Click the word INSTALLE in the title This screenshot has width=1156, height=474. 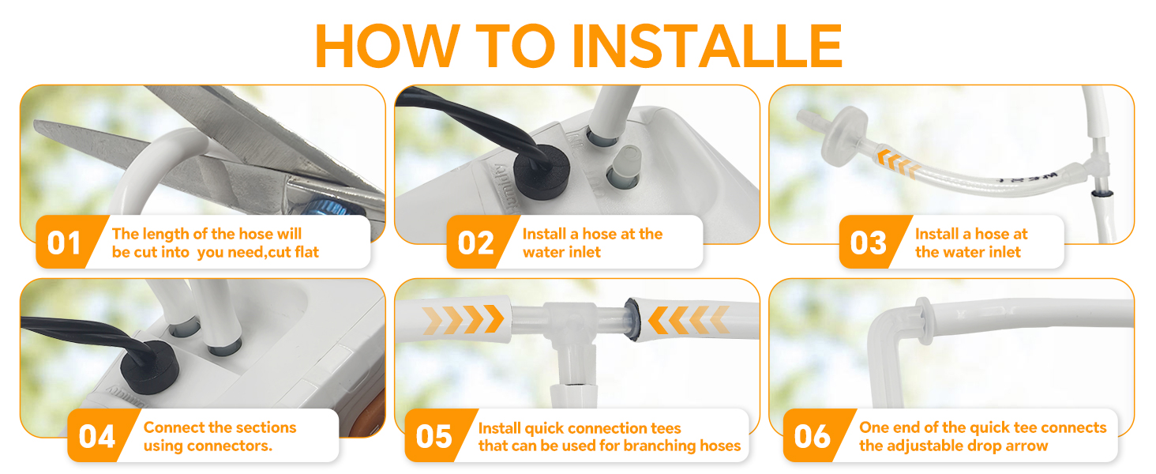pos(707,46)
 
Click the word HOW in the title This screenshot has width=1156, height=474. pos(387,46)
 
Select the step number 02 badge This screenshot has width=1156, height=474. pos(475,243)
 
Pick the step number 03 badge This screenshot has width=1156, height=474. pos(868,243)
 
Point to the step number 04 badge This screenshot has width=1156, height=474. pos(96,437)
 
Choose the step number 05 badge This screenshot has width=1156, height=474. pos(434,437)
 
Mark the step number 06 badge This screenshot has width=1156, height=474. pos(813,437)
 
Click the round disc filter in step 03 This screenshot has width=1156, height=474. pos(844,137)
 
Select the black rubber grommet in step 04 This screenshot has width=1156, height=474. pos(149,367)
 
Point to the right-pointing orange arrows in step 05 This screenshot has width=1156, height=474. pos(463,319)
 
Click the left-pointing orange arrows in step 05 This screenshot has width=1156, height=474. pos(689,319)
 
